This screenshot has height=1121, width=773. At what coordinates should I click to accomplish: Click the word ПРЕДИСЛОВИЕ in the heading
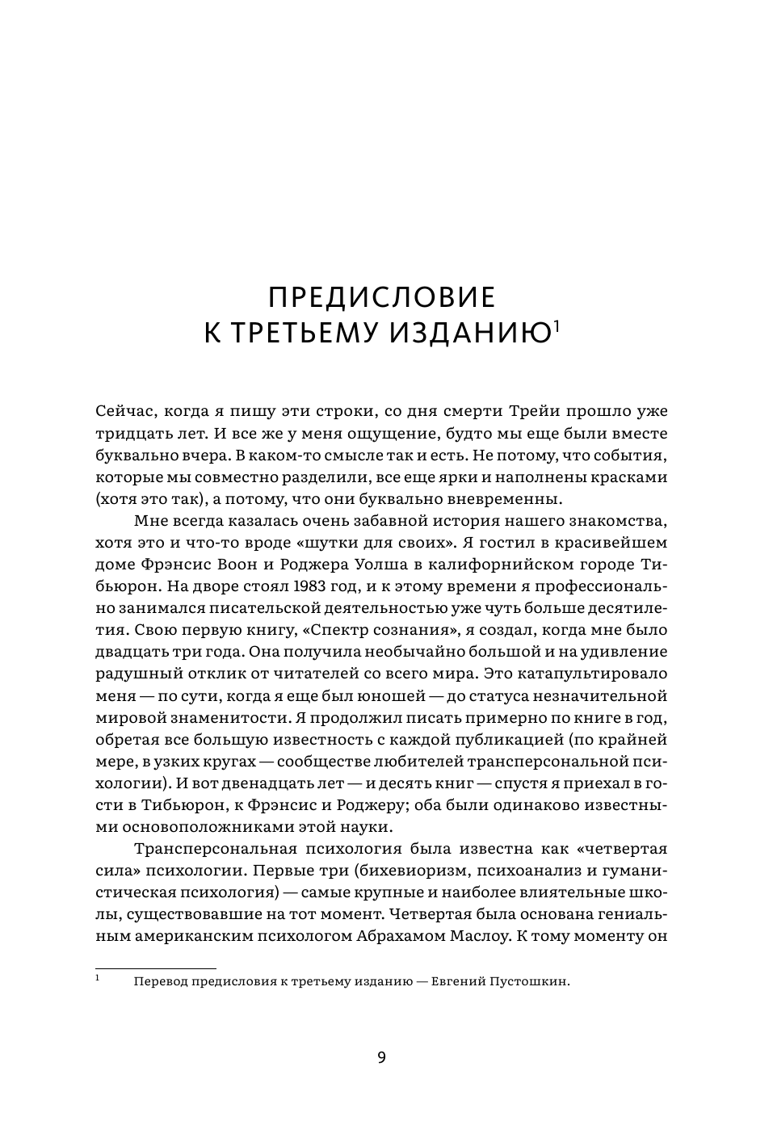click(381, 297)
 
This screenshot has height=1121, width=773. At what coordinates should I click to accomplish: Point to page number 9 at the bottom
click(382, 1058)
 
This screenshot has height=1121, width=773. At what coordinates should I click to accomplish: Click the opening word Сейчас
click(122, 410)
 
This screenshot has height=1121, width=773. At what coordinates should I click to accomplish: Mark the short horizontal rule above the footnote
click(156, 968)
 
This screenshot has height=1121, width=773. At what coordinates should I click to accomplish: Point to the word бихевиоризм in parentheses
click(385, 871)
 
